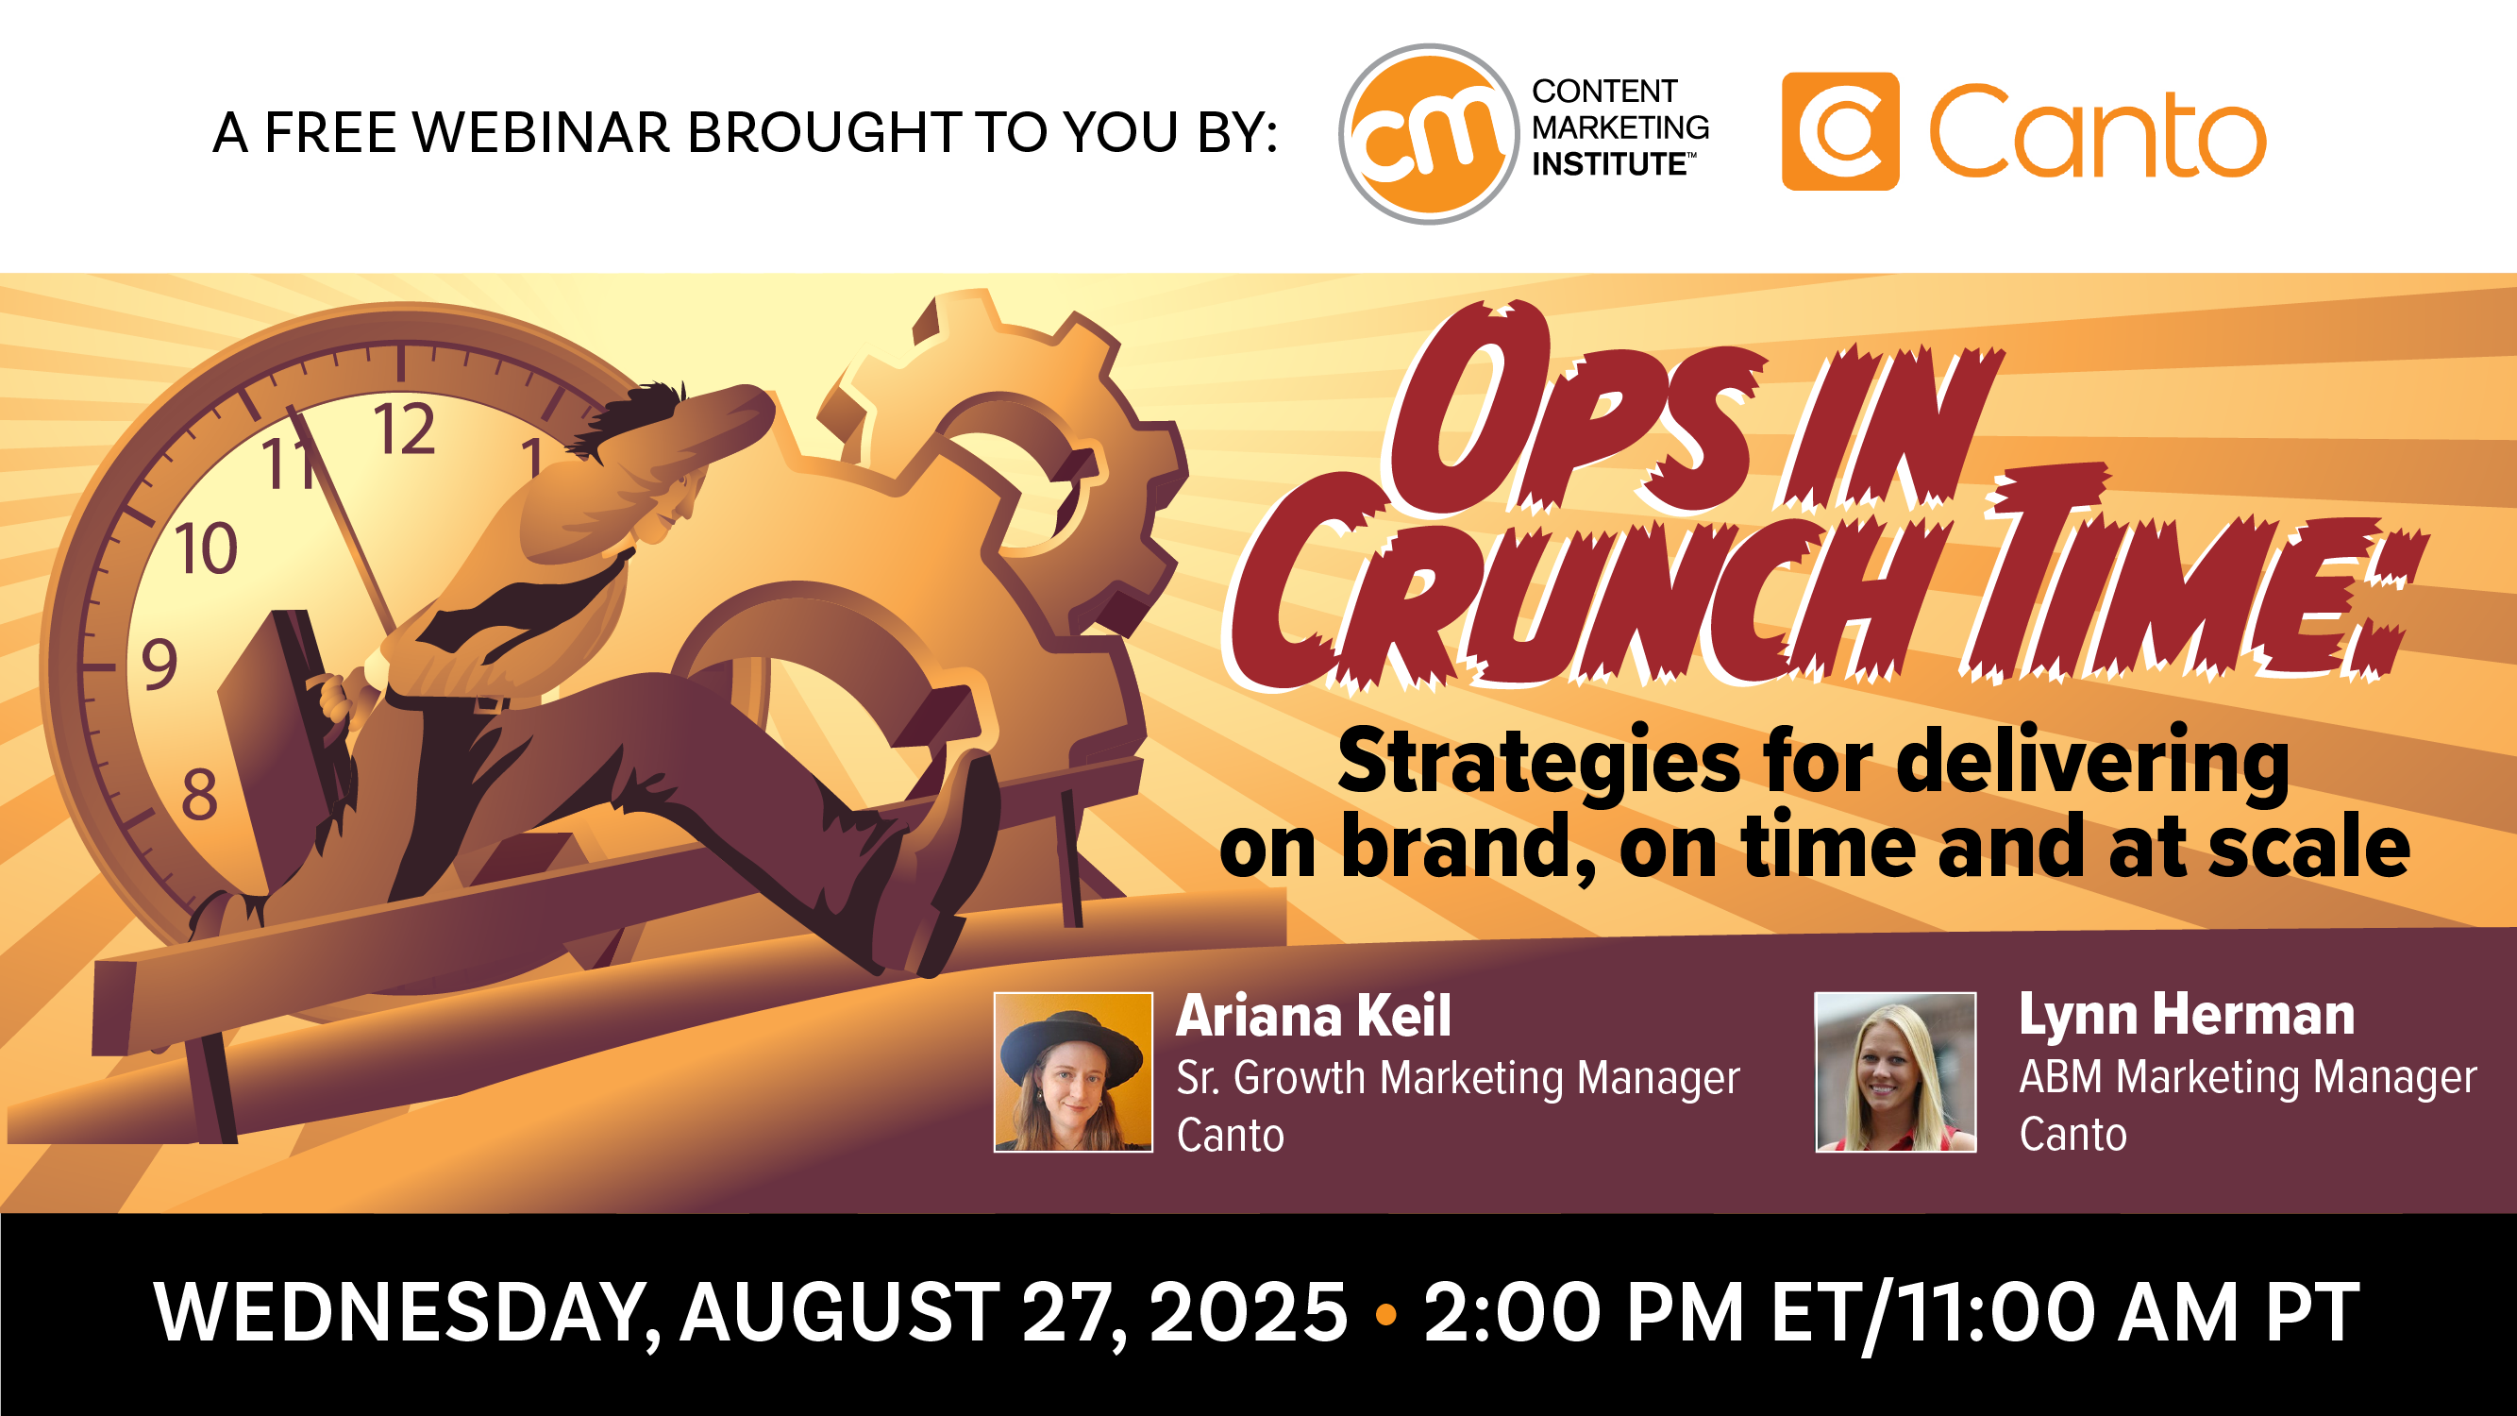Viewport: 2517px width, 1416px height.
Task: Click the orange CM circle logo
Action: (1429, 134)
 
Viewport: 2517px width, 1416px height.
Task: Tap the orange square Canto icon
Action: (1840, 131)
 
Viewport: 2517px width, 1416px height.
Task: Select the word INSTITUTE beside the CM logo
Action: (1609, 164)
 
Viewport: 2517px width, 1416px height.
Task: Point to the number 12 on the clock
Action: (404, 429)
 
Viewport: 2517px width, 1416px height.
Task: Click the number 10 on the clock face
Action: (205, 548)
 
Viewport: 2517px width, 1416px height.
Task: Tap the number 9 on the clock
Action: (159, 665)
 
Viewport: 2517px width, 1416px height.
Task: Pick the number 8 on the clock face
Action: (199, 795)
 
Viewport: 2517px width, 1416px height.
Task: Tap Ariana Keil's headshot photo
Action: (1073, 1072)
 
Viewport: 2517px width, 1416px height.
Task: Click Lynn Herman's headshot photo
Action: (1894, 1072)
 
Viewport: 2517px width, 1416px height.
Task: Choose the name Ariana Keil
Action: (1313, 1017)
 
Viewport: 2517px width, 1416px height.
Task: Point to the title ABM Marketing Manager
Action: (2247, 1077)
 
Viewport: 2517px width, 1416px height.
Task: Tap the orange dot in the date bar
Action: (1385, 1314)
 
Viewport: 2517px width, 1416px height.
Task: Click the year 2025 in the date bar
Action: (1248, 1312)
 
